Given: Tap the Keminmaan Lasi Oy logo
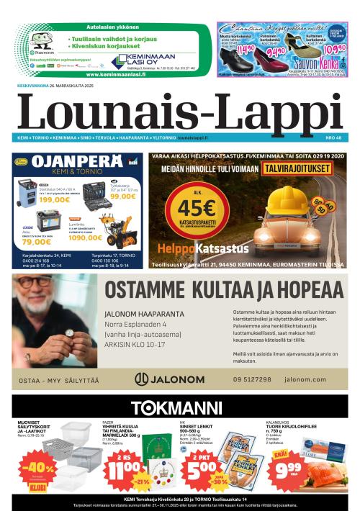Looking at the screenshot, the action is coord(144,60).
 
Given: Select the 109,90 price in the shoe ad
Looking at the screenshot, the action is coord(334,50).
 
